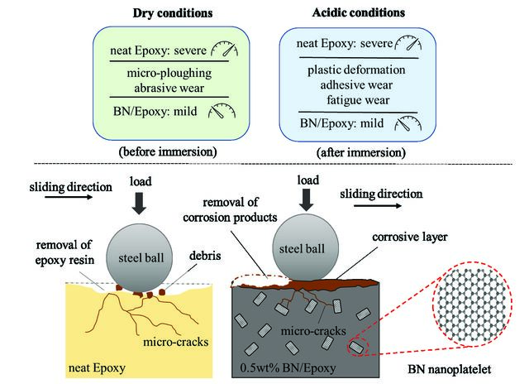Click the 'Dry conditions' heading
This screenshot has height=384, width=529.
pyautogui.click(x=173, y=13)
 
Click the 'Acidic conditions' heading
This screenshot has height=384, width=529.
pyautogui.click(x=358, y=12)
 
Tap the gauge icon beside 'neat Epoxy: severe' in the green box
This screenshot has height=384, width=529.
pyautogui.click(x=225, y=49)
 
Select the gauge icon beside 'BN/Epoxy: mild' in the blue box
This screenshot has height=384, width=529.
pyautogui.click(x=408, y=123)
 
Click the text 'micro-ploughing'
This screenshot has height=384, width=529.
pyautogui.click(x=169, y=73)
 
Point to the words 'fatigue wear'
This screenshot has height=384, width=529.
pyautogui.click(x=358, y=100)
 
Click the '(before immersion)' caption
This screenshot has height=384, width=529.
pyautogui.click(x=168, y=151)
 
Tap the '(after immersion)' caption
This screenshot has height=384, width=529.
pyautogui.click(x=361, y=152)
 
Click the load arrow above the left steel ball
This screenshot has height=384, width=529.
pyautogui.click(x=139, y=204)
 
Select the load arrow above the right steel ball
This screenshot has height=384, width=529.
pyautogui.click(x=307, y=200)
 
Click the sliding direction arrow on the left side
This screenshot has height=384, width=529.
pyautogui.click(x=69, y=197)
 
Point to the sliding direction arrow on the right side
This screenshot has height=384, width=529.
pyautogui.click(x=378, y=206)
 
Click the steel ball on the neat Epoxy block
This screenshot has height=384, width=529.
pyautogui.click(x=140, y=258)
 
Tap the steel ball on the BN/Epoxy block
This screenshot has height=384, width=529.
pyautogui.click(x=305, y=248)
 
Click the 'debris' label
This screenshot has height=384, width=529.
pyautogui.click(x=205, y=256)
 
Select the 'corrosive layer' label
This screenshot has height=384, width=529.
pyautogui.click(x=410, y=237)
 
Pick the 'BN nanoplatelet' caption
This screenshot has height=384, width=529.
pyautogui.click(x=449, y=369)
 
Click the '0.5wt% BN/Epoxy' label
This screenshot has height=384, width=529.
pyautogui.click(x=288, y=367)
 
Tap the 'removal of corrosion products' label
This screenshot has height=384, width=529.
pyautogui.click(x=230, y=209)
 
